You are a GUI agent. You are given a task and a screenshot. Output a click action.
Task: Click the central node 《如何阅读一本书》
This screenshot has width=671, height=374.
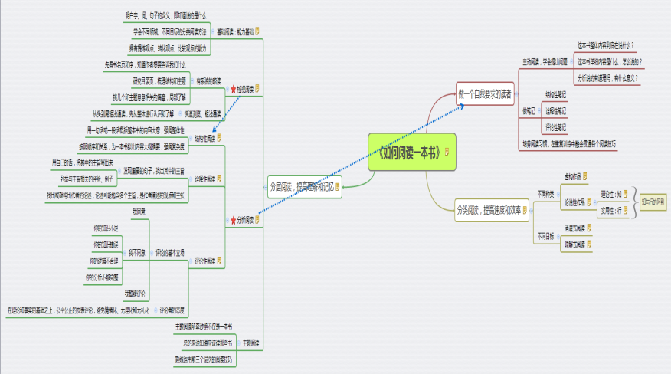[405, 149]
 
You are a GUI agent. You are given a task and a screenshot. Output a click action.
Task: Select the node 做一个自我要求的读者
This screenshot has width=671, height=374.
[483, 94]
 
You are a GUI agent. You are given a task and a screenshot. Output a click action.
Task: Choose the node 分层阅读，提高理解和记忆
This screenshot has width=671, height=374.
[301, 185]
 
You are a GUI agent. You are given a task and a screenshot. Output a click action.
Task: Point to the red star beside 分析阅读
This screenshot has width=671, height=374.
[233, 221]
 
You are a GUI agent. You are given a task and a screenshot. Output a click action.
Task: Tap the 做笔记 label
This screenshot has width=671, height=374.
[529, 111]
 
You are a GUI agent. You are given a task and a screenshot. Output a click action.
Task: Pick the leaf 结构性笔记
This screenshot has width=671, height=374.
[555, 94]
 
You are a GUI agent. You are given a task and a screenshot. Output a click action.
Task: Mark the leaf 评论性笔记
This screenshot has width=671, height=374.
[555, 127]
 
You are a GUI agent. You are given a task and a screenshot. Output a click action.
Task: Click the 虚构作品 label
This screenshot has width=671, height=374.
[574, 176]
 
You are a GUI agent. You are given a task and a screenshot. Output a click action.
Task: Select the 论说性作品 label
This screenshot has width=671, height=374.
[574, 202]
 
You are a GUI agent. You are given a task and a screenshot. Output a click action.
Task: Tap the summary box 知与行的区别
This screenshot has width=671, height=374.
[653, 202]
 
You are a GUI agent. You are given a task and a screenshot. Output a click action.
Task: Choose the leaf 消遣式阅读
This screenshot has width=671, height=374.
[574, 228]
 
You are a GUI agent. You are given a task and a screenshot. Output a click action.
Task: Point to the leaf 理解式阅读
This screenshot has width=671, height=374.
[574, 243]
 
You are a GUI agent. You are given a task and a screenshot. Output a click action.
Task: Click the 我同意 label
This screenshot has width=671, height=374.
[138, 211]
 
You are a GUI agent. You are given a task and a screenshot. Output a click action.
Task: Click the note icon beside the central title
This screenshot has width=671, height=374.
[448, 150]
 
